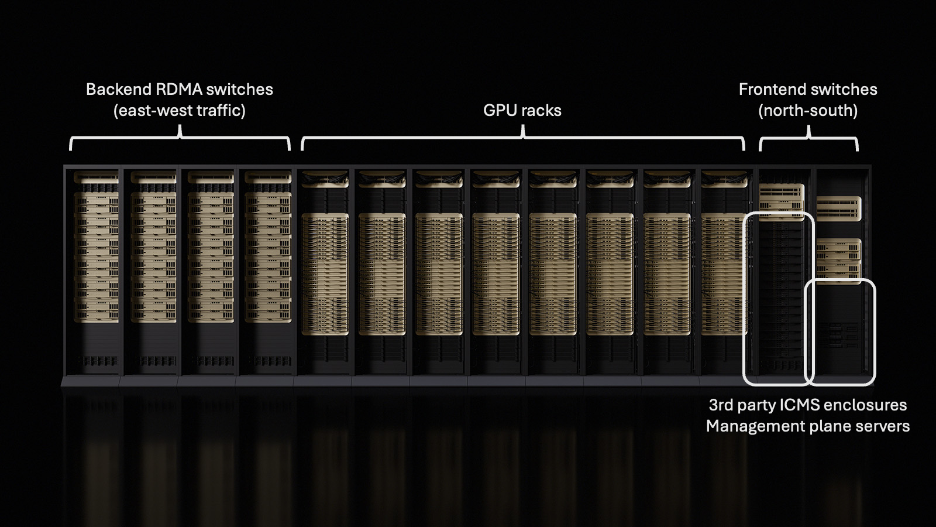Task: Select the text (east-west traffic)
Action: tap(180, 111)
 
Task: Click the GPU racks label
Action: tap(522, 111)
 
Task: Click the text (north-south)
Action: tap(808, 111)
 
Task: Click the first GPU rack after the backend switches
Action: tap(325, 269)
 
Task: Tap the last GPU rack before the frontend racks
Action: tap(724, 269)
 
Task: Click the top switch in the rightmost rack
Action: tap(838, 208)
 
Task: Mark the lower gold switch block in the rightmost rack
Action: tap(838, 258)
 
